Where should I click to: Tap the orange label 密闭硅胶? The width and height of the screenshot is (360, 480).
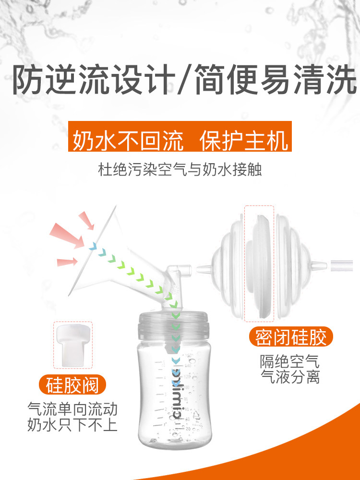[291, 337]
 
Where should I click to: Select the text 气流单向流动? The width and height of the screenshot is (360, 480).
[72, 408]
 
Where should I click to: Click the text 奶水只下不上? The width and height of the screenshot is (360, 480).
[72, 425]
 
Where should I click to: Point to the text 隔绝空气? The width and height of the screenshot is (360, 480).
[289, 360]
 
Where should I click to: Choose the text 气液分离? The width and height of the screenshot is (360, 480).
[289, 377]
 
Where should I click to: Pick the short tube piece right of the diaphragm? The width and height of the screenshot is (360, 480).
[343, 264]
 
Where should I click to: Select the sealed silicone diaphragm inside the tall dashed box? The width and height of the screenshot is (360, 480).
[260, 264]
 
